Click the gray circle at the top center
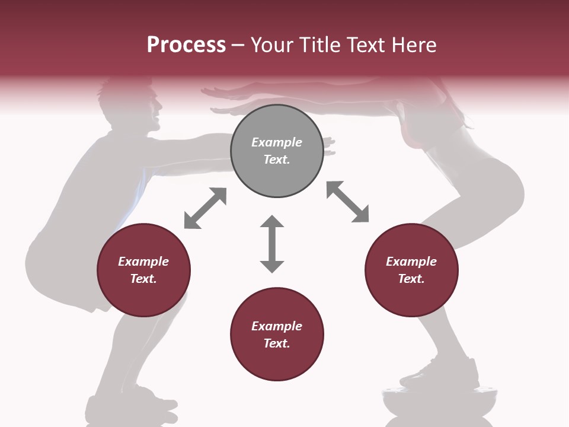[x=277, y=151]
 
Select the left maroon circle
[x=143, y=270]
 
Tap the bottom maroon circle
[x=277, y=334]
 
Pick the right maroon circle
[x=411, y=270]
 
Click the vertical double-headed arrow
[x=272, y=244]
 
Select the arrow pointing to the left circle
[x=205, y=208]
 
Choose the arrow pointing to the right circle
[x=348, y=202]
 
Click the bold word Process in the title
[x=186, y=44]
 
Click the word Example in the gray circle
[x=277, y=142]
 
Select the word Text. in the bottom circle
[x=277, y=343]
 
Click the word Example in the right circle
[x=411, y=262]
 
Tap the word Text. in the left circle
[x=143, y=279]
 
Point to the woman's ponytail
[x=456, y=113]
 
